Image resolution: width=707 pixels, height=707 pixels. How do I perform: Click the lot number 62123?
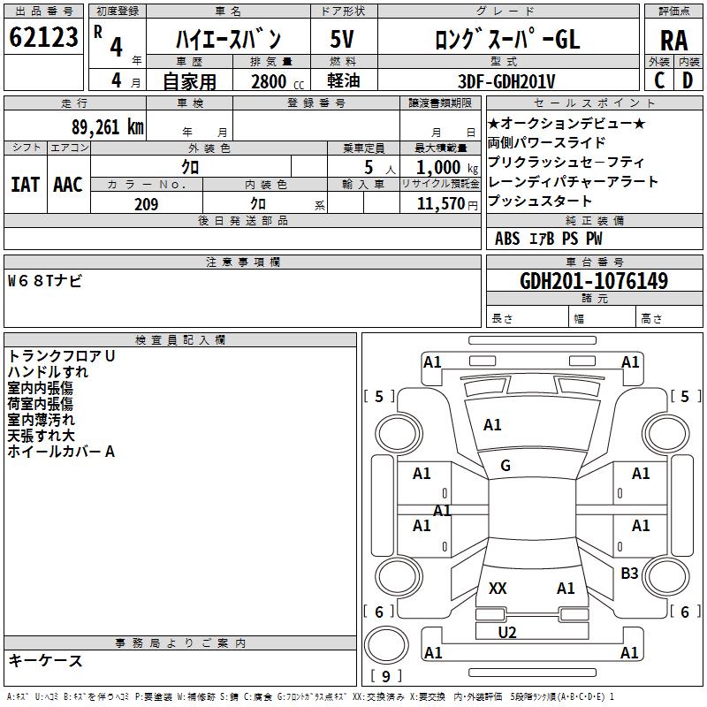[x=43, y=36]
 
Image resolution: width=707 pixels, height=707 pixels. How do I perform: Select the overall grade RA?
[x=674, y=41]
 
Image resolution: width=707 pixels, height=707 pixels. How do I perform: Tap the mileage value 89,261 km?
[x=107, y=127]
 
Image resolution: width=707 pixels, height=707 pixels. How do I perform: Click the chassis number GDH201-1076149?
[x=594, y=280]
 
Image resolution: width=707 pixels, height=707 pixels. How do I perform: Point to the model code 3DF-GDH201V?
[x=506, y=81]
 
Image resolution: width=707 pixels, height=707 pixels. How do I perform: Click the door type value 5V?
[x=342, y=39]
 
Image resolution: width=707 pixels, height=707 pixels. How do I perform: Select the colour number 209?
[x=146, y=204]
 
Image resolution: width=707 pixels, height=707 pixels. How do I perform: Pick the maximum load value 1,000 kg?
[x=446, y=168]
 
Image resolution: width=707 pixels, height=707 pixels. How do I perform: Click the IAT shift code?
[x=26, y=185]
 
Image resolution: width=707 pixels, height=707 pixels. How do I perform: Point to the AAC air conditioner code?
[x=68, y=185]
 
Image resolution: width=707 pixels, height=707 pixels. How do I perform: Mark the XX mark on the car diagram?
[x=498, y=588]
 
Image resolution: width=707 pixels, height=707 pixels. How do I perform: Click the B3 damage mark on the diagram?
[x=629, y=573]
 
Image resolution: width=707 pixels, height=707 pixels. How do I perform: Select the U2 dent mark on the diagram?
[x=506, y=632]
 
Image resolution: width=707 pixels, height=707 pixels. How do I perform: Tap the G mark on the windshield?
[x=506, y=465]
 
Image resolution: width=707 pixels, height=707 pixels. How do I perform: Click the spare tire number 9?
[x=386, y=676]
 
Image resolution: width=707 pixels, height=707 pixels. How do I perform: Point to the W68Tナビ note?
[x=45, y=281]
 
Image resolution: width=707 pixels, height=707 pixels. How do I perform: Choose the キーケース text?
[x=45, y=660]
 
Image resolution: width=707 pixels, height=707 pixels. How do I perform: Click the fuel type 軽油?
[x=344, y=80]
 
